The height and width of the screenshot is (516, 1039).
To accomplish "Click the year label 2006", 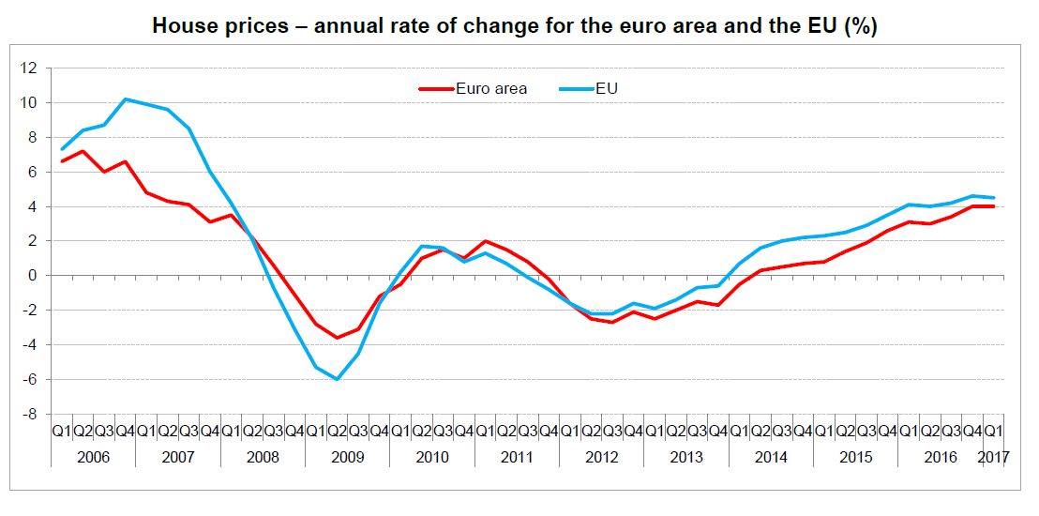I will [94, 457].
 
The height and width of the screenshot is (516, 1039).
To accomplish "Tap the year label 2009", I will [348, 457].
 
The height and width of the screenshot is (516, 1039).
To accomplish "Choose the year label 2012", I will [602, 457].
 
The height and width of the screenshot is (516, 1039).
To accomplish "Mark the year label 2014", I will [772, 457].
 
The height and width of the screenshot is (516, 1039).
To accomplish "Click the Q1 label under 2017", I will [992, 432].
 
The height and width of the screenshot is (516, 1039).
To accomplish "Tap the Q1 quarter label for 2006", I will [62, 432].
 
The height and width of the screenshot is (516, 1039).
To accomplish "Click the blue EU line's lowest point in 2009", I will [337, 379].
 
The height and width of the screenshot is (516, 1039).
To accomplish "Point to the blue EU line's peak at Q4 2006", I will [126, 99].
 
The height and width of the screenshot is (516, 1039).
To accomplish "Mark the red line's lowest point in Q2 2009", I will [337, 338].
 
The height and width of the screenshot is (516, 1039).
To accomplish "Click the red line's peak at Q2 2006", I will [83, 151].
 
